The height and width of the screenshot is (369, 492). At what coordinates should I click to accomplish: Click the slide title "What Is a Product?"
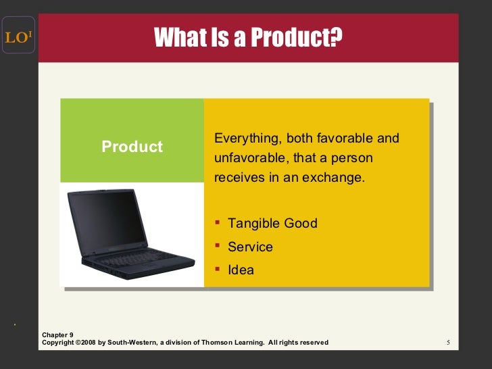(x=248, y=38)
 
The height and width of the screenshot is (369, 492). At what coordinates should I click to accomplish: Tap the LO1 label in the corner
(x=18, y=38)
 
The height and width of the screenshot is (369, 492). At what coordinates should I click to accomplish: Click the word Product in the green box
(x=132, y=147)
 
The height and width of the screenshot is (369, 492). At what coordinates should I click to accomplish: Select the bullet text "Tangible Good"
(x=272, y=223)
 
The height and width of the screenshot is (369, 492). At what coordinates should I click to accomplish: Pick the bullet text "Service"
(x=250, y=247)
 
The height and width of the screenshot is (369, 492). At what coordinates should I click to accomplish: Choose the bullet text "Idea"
(x=241, y=270)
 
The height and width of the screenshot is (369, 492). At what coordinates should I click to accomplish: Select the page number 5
(x=448, y=343)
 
